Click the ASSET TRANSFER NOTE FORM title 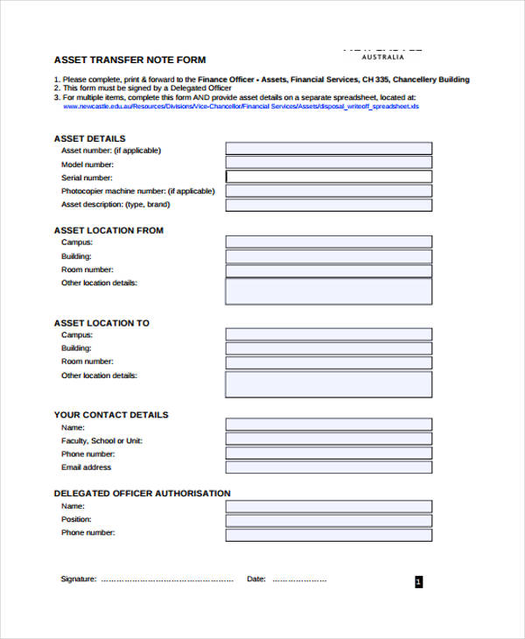[130, 60]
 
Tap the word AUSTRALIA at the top [383, 57]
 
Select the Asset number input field [328, 149]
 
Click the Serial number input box [328, 177]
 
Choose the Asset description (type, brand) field [328, 205]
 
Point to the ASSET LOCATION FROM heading [108, 230]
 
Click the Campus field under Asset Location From [328, 242]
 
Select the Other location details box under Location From [328, 291]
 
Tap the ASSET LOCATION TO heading [101, 323]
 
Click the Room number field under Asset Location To [328, 362]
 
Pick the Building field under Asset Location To [328, 348]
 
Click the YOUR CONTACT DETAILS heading [111, 415]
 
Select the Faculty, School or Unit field [328, 440]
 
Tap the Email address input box [328, 467]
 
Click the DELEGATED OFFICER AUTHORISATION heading [143, 493]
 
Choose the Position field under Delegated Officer [328, 520]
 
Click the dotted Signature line [167, 579]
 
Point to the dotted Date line [299, 579]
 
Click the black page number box [418, 581]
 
